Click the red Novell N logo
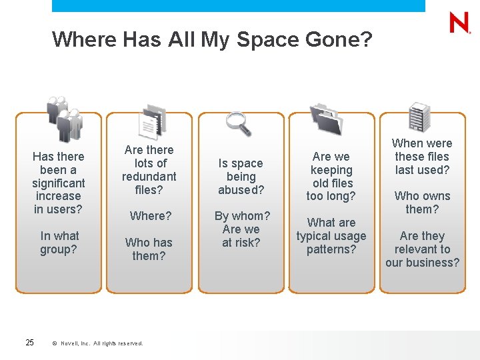pyautogui.click(x=459, y=23)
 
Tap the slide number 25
pyautogui.click(x=29, y=343)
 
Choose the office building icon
pyautogui.click(x=419, y=117)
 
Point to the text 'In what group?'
pyautogui.click(x=59, y=243)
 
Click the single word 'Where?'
pyautogui.click(x=151, y=216)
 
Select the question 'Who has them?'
pyautogui.click(x=149, y=249)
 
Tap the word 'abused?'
pyautogui.click(x=241, y=190)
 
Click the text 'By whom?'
pyautogui.click(x=242, y=216)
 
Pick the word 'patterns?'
pyautogui.click(x=331, y=249)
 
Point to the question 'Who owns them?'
pyautogui.click(x=422, y=203)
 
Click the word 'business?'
pyautogui.click(x=423, y=263)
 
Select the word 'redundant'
pyautogui.click(x=149, y=177)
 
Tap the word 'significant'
pyautogui.click(x=59, y=183)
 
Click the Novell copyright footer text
pyautogui.click(x=97, y=343)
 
